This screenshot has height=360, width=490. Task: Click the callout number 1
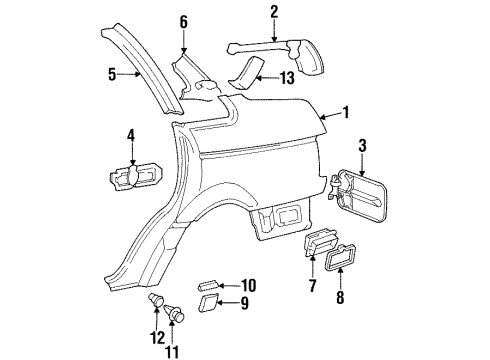point(346,113)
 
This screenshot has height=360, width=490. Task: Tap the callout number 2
point(274,12)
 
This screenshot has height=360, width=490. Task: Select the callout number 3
point(362,146)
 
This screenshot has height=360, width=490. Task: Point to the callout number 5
point(112,74)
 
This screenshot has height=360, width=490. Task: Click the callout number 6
point(184,22)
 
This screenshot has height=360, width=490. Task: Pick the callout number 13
point(287,78)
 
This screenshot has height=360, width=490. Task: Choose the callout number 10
point(248,286)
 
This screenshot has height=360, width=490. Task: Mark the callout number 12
point(157,338)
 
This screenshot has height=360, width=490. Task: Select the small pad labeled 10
point(208,286)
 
